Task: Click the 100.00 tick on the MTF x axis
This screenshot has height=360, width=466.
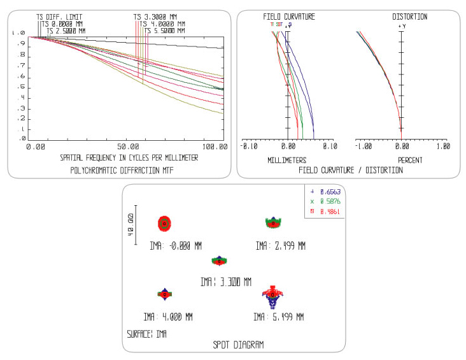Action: [214, 147]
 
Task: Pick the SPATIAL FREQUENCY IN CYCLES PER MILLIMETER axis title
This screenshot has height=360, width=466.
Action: [129, 157]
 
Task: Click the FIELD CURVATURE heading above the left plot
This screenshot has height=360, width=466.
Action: [289, 17]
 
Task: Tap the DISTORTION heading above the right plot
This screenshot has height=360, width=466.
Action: [409, 17]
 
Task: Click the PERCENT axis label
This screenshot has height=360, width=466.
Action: [411, 160]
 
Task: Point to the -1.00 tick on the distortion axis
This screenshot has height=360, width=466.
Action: [363, 146]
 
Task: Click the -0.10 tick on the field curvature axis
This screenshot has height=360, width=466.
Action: [248, 146]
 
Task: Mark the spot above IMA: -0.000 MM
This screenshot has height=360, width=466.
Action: [165, 223]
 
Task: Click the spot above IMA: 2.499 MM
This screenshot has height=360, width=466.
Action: [273, 222]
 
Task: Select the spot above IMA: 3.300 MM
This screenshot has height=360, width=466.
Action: [219, 261]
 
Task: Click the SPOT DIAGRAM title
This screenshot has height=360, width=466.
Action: [238, 344]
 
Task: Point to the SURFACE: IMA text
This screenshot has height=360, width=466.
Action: [147, 333]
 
